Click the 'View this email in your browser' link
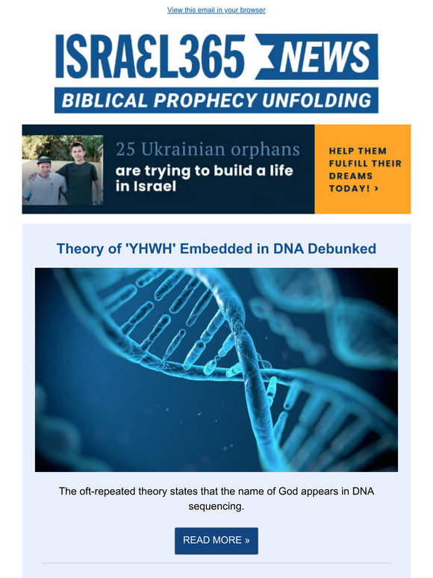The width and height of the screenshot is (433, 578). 216,10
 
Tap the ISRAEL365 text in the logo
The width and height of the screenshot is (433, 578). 150,57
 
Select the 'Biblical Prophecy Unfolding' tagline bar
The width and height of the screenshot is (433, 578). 216,99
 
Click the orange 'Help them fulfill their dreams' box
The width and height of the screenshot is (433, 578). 363,169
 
